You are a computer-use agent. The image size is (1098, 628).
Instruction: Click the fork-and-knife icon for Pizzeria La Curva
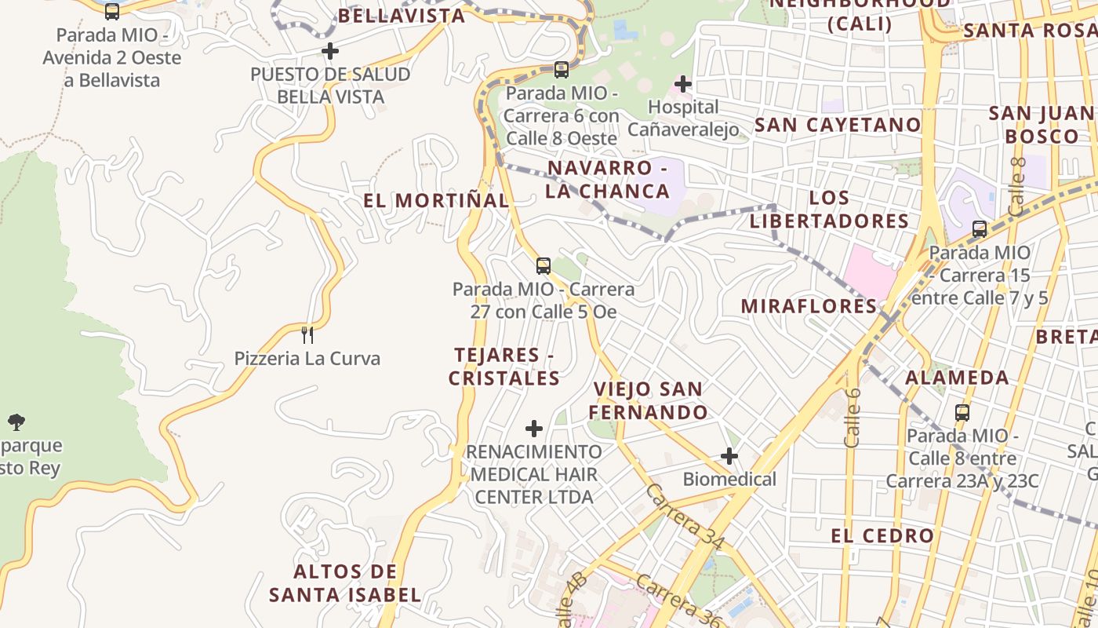pyautogui.click(x=307, y=335)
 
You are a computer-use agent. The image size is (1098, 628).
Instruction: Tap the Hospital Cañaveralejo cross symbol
pyautogui.click(x=683, y=83)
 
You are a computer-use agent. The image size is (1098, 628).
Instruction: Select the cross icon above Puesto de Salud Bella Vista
pyautogui.click(x=330, y=51)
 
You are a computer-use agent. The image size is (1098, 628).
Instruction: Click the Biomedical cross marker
pyautogui.click(x=729, y=455)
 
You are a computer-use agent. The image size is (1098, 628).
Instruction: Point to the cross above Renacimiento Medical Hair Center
pyautogui.click(x=534, y=429)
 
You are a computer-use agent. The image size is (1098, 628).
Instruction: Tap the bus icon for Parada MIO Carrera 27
pyautogui.click(x=544, y=266)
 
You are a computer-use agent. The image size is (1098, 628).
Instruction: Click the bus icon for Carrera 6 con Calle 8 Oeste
pyautogui.click(x=562, y=69)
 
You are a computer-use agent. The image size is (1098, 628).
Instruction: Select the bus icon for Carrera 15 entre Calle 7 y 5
pyautogui.click(x=980, y=229)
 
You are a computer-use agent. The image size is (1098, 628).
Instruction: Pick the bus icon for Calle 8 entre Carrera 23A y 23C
pyautogui.click(x=962, y=412)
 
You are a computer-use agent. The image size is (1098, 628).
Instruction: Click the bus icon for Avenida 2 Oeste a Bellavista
pyautogui.click(x=112, y=11)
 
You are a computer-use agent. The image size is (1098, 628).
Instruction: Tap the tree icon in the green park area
pyautogui.click(x=16, y=422)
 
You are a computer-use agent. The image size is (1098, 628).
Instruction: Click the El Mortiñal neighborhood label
pyautogui.click(x=436, y=200)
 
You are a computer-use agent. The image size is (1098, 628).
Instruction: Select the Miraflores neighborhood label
pyautogui.click(x=809, y=306)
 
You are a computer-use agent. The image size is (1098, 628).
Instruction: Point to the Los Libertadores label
pyautogui.click(x=829, y=209)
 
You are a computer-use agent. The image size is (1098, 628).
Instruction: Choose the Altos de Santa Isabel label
pyautogui.click(x=345, y=582)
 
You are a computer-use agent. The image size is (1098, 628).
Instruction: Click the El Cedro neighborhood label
pyautogui.click(x=882, y=536)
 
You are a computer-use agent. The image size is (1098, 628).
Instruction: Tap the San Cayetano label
pyautogui.click(x=838, y=125)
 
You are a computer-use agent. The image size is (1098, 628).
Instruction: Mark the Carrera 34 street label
pyautogui.click(x=685, y=515)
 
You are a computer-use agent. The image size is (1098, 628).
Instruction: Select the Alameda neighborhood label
pyautogui.click(x=957, y=378)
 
